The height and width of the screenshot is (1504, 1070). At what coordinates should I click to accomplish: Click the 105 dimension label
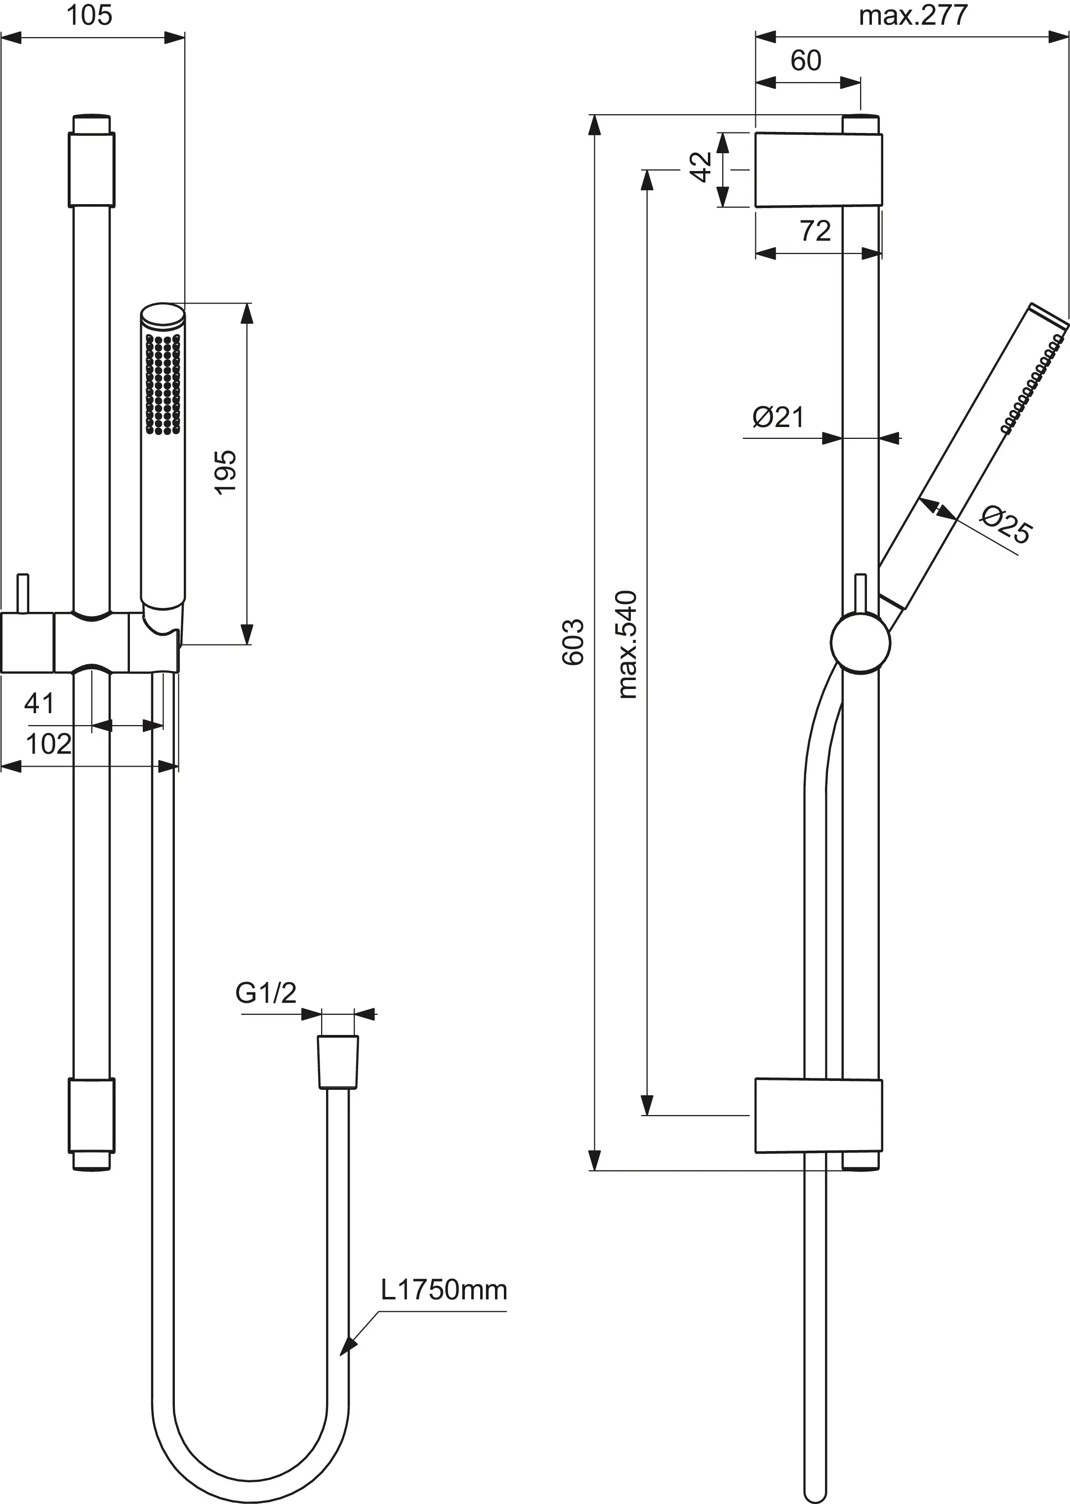89,16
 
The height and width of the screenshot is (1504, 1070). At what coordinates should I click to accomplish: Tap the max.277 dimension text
914,16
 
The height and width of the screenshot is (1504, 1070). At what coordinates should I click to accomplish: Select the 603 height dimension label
573,642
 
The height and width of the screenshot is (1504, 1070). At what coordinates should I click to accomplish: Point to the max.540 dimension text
627,645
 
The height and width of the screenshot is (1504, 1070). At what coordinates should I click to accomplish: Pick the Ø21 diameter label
779,417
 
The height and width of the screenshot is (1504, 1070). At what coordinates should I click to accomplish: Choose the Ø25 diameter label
1005,524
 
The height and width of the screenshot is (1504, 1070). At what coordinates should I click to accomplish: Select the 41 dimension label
39,704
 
